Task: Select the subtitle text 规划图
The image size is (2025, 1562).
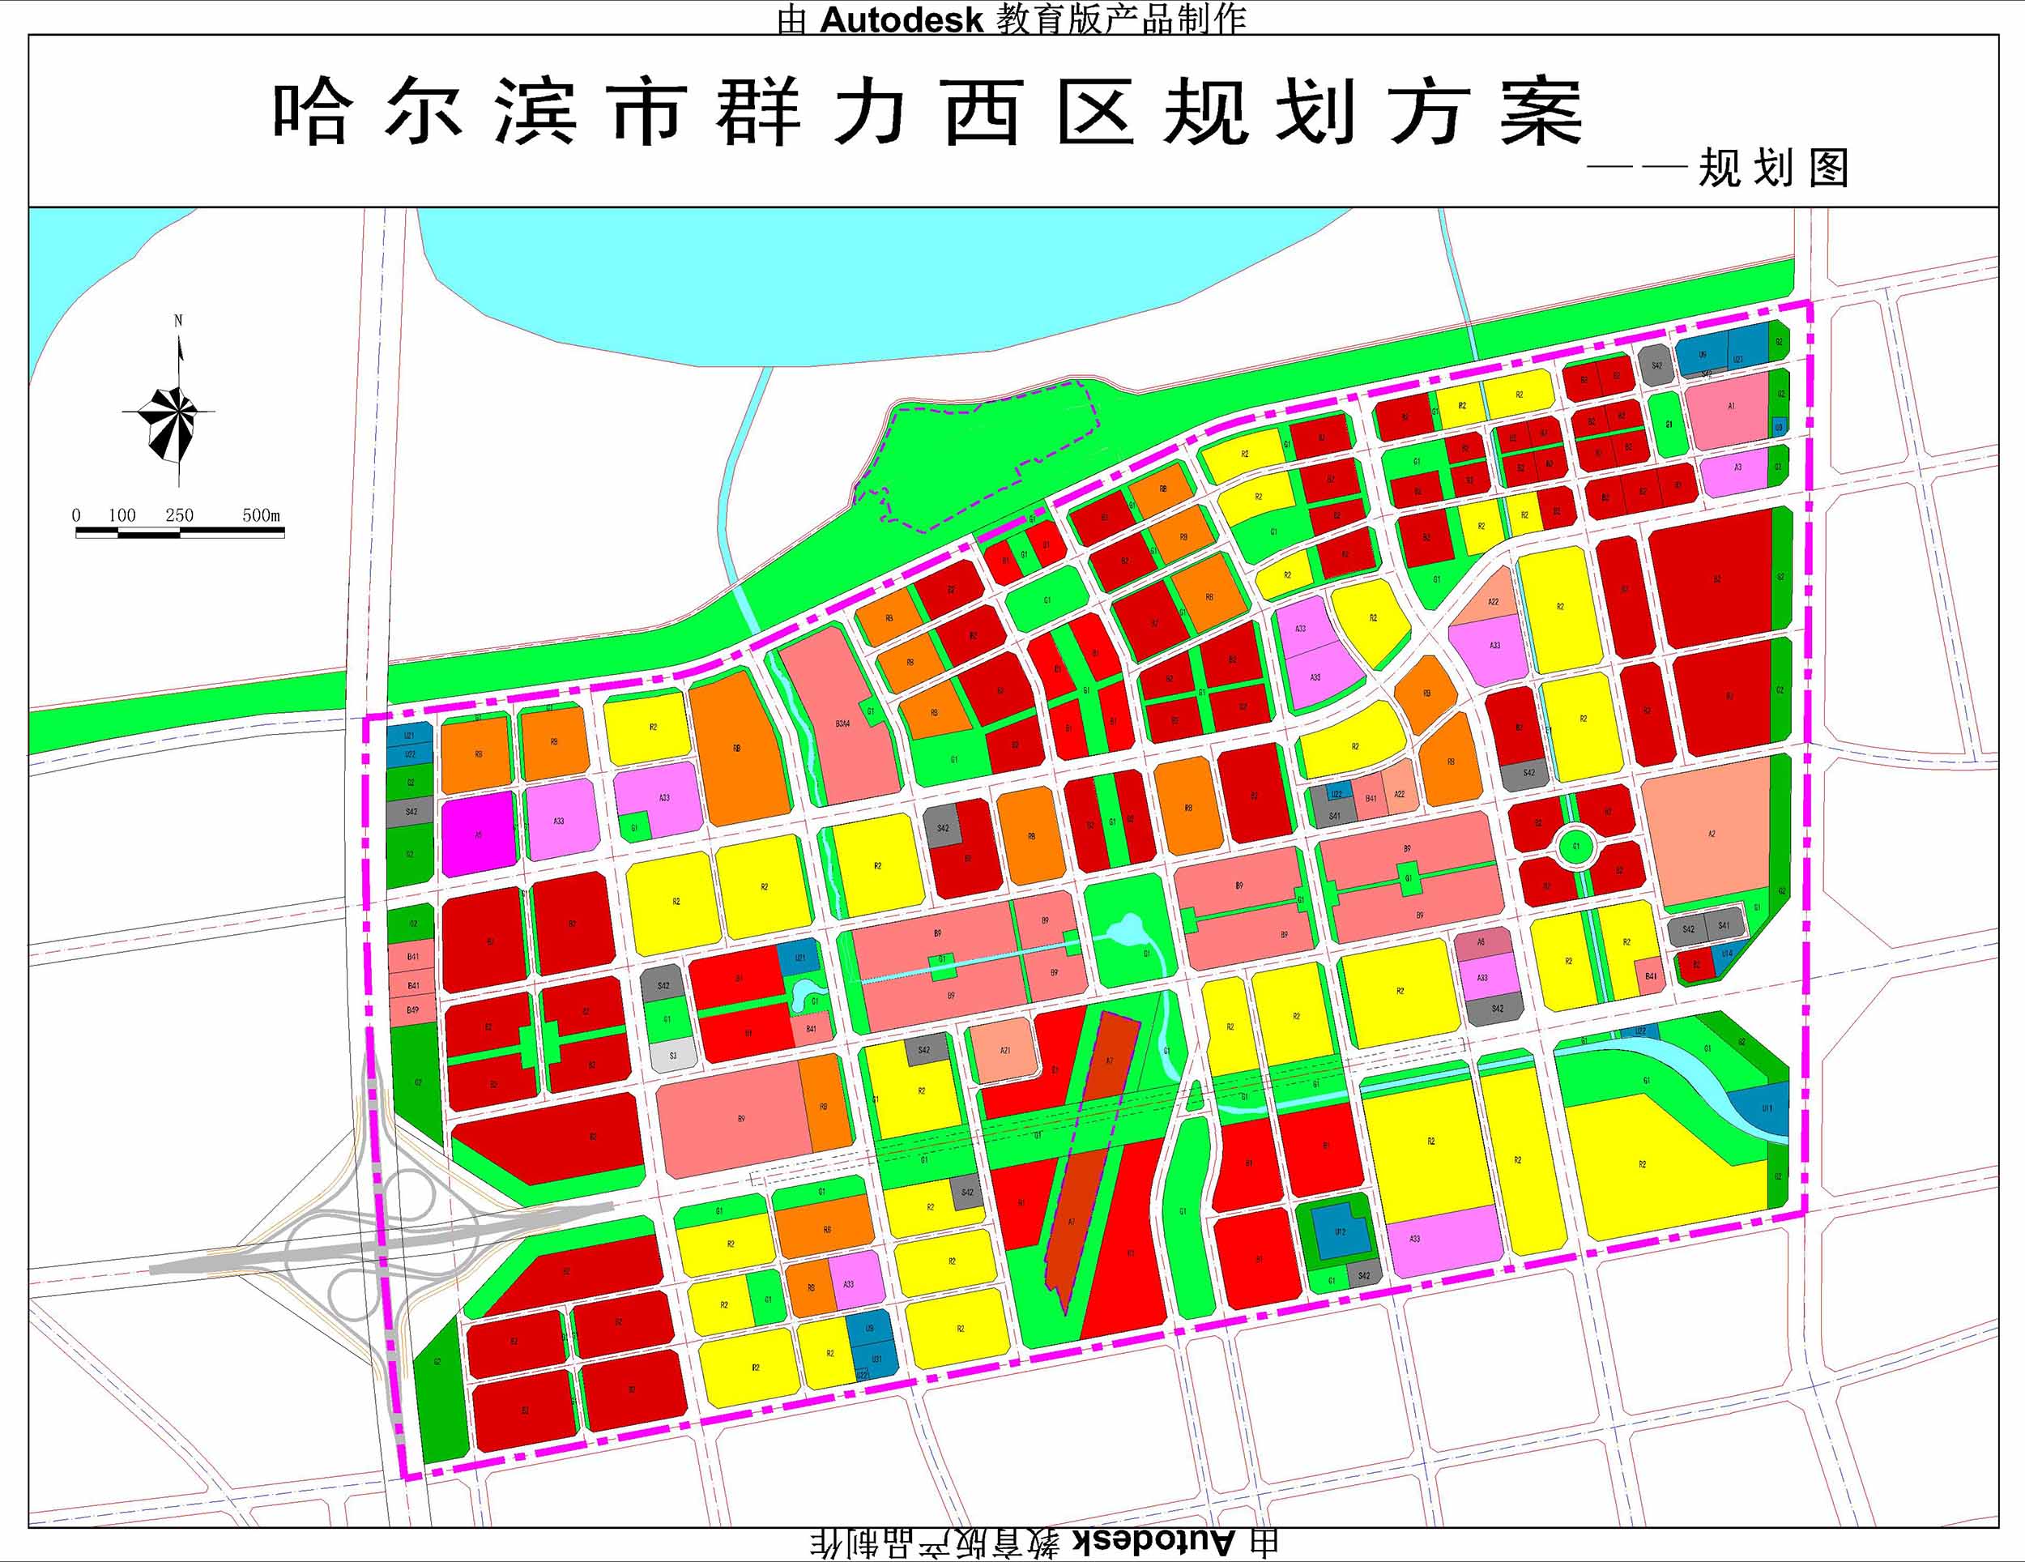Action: point(1773,169)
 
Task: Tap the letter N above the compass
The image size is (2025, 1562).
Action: point(178,321)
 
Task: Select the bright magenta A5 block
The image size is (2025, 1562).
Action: point(479,834)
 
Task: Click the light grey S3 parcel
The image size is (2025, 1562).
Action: point(673,1056)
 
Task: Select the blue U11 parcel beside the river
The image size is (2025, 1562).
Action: point(1767,1109)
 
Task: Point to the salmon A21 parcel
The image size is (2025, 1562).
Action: point(1005,1050)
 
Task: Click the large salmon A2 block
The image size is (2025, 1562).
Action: point(1711,833)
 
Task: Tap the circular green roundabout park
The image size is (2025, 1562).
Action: point(1575,846)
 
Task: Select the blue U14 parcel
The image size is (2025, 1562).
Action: point(1726,954)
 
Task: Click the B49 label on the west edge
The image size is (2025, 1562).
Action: point(412,1009)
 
